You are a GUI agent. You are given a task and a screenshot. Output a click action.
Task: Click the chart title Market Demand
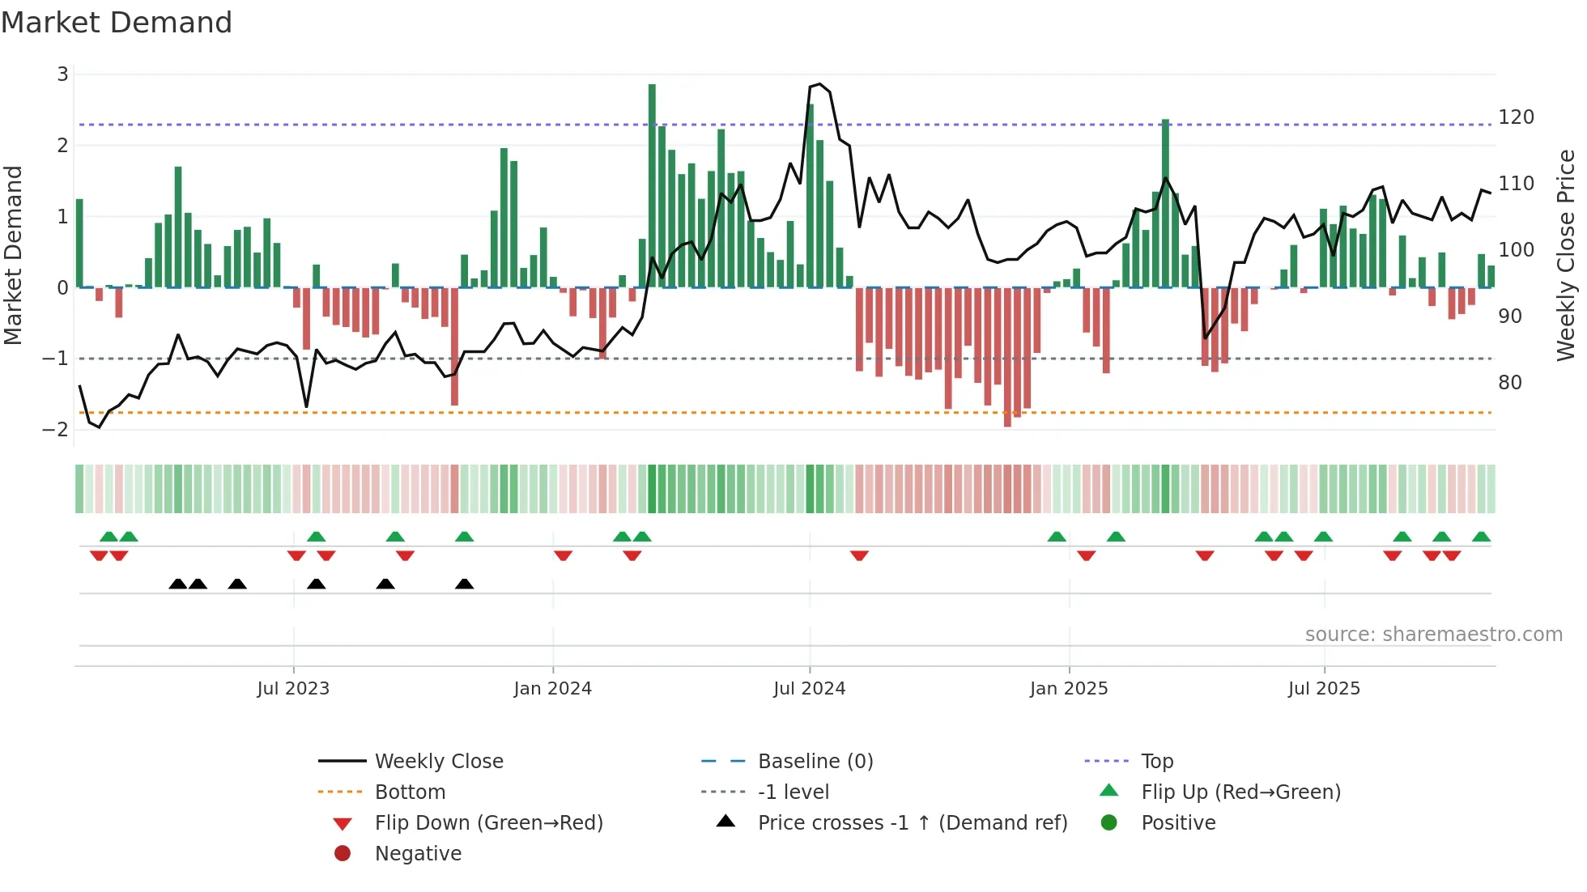117,23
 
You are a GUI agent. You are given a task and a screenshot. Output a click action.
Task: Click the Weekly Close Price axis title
1566,255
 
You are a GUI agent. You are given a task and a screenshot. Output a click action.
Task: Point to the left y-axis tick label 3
62,74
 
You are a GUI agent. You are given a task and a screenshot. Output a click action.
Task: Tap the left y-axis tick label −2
56,429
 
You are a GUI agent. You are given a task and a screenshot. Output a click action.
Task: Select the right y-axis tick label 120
1516,117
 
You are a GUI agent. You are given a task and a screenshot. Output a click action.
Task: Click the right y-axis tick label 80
1509,382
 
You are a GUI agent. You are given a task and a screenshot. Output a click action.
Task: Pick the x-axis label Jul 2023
293,689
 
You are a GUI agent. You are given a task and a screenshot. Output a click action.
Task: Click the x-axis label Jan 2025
1069,689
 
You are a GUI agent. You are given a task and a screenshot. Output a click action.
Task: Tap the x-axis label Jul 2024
809,689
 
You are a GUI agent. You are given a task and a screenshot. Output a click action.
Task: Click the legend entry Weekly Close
439,761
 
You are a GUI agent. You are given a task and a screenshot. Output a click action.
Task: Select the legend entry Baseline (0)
815,761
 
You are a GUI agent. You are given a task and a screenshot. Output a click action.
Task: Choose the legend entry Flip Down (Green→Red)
488,822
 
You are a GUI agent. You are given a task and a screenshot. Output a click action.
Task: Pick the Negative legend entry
418,853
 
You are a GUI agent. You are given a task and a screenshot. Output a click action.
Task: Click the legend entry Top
1157,761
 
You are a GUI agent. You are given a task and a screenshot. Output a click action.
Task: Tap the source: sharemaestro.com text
1433,634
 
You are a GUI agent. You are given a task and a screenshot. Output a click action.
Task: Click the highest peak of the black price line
819,84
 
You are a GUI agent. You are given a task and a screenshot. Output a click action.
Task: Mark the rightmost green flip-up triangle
1481,537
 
